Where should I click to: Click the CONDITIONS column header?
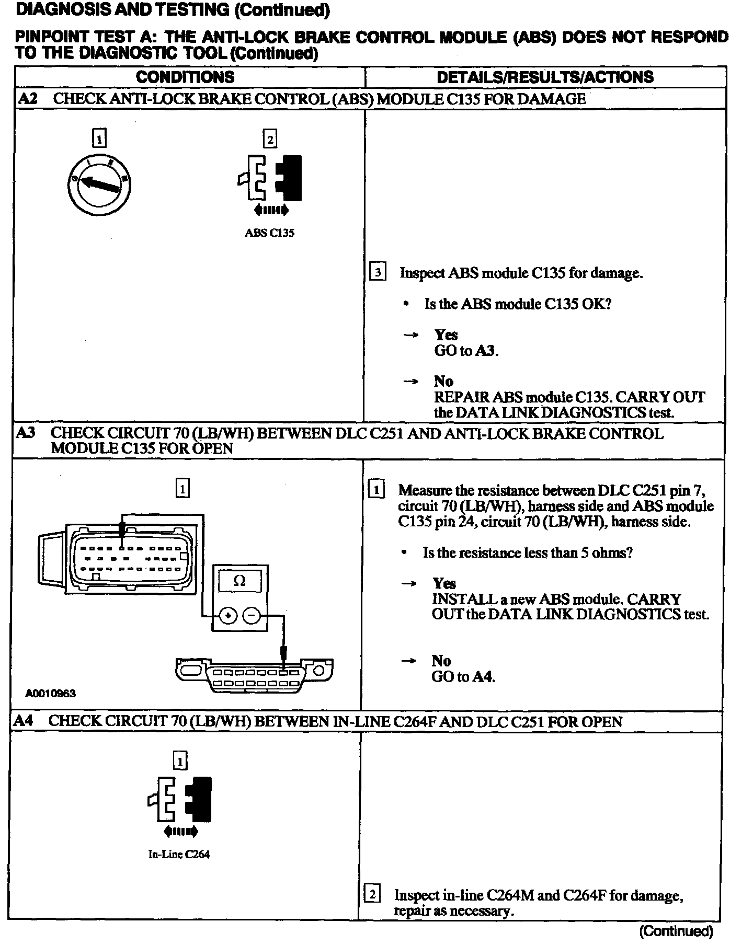tap(185, 77)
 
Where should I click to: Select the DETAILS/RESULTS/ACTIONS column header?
tap(545, 77)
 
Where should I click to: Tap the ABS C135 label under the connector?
tap(269, 233)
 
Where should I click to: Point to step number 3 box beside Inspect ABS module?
tap(378, 272)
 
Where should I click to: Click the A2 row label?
tap(27, 99)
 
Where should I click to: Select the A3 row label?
tap(26, 433)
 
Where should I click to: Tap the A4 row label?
tap(24, 721)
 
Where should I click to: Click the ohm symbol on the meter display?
tap(239, 581)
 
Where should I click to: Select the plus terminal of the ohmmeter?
tap(227, 616)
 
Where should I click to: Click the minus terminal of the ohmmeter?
tap(252, 616)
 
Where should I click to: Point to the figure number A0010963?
tap(51, 694)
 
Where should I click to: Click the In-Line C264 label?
tap(179, 854)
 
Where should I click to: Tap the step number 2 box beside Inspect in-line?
tap(372, 894)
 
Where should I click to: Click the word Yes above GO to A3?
tap(446, 335)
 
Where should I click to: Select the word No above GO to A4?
tap(441, 661)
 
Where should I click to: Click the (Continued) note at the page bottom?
tap(676, 930)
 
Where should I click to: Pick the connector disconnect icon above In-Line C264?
tap(180, 800)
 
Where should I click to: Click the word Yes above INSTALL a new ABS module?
tap(444, 583)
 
